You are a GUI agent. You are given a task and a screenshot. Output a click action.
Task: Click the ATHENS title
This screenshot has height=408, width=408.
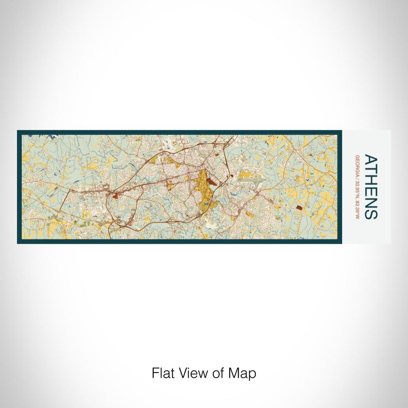[x=371, y=187]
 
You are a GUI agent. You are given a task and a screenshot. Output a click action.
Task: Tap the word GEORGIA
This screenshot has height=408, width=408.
[x=356, y=167]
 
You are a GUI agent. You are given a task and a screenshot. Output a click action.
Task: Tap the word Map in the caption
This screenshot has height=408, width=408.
[x=244, y=373]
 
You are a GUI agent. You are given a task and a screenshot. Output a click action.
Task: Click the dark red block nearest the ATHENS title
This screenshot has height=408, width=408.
[x=299, y=207]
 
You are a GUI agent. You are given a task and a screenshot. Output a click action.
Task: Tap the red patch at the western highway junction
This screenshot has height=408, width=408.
[x=115, y=196]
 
